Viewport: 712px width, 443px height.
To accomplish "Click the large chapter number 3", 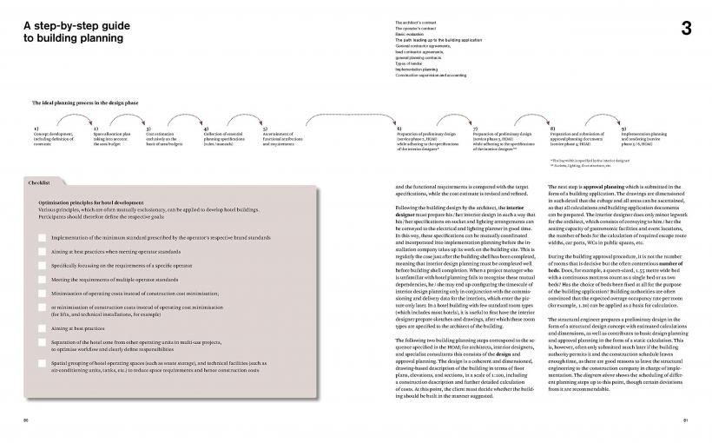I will [686, 29].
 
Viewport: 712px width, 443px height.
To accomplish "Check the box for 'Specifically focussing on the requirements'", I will [43, 265].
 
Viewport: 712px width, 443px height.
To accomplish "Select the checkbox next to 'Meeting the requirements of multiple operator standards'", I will [43, 280].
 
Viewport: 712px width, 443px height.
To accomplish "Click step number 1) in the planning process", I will [36, 128].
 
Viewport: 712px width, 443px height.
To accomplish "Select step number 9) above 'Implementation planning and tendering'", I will [623, 128].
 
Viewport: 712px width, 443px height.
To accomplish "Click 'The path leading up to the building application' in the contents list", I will [431, 38].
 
